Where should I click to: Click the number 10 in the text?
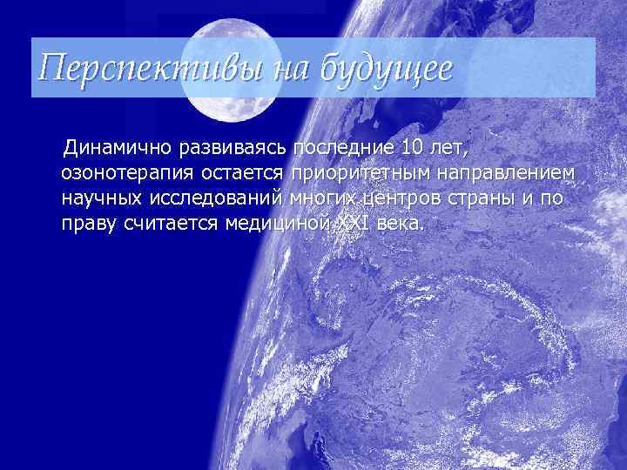click(x=415, y=144)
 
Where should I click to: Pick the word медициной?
click(x=275, y=225)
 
